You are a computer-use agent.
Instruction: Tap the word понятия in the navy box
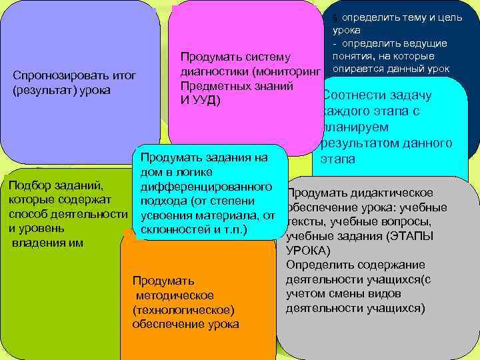(x=354, y=57)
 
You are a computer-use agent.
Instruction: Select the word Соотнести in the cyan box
(x=354, y=95)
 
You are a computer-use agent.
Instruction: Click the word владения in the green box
(x=35, y=243)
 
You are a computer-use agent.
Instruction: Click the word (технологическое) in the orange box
(x=184, y=310)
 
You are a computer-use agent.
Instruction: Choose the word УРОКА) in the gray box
(x=308, y=251)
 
